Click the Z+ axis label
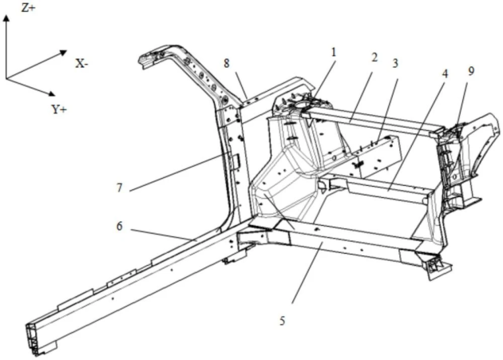coord(28,8)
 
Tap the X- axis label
coord(81,64)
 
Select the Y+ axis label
coord(59,109)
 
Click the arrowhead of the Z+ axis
coord(6,19)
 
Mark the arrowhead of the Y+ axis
coord(51,93)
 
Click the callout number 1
coord(334,52)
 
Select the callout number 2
coord(374,57)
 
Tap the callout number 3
coord(395,63)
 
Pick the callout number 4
coord(445,73)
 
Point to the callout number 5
coord(283,321)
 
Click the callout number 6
coord(119,227)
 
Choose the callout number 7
coord(119,188)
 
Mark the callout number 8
coord(227,63)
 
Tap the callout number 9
coord(471,71)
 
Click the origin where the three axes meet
coord(6,78)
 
